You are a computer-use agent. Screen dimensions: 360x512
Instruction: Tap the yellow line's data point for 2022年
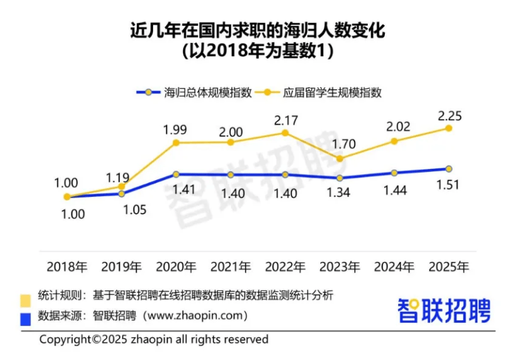pyautogui.click(x=285, y=133)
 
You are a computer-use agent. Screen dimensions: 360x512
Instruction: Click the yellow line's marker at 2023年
pyautogui.click(x=340, y=158)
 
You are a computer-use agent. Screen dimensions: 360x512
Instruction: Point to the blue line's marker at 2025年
pyautogui.click(x=449, y=169)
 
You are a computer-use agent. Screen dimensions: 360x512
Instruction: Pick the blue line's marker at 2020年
pyautogui.click(x=176, y=174)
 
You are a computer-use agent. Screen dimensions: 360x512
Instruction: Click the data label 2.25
pyautogui.click(x=448, y=115)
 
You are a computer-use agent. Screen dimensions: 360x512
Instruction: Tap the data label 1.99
pyautogui.click(x=175, y=129)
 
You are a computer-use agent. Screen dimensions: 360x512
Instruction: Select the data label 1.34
pyautogui.click(x=339, y=193)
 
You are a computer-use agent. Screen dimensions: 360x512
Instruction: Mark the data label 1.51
pyautogui.click(x=448, y=185)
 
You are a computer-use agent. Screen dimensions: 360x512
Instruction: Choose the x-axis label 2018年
pyautogui.click(x=66, y=266)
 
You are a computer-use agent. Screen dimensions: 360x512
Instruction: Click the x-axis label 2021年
pyautogui.click(x=230, y=266)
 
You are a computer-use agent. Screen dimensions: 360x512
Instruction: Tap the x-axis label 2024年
pyautogui.click(x=394, y=266)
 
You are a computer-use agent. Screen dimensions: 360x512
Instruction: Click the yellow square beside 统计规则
pyautogui.click(x=25, y=298)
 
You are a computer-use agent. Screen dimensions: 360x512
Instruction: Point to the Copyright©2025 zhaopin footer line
pyautogui.click(x=154, y=340)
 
